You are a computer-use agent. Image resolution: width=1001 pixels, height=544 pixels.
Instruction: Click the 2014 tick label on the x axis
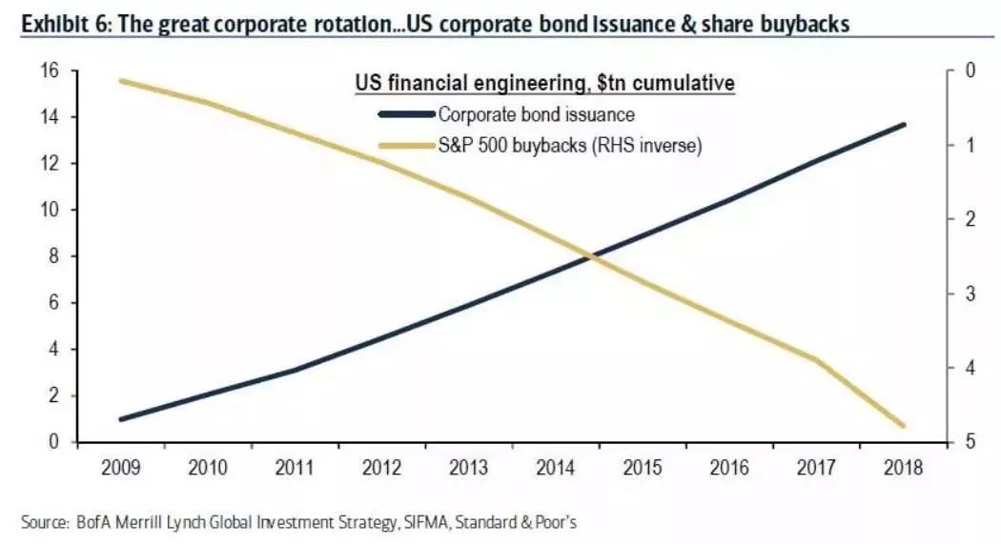tap(554, 470)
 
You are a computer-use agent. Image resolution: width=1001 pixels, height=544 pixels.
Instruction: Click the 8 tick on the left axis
tap(55, 256)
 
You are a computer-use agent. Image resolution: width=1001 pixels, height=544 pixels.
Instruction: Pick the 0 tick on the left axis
tap(55, 442)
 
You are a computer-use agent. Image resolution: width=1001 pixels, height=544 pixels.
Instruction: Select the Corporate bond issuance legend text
tap(536, 115)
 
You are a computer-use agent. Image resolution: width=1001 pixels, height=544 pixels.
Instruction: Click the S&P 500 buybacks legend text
tap(569, 146)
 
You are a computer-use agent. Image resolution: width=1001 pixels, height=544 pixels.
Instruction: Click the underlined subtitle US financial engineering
tap(544, 84)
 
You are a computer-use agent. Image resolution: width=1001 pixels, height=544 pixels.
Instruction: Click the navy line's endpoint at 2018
tap(903, 124)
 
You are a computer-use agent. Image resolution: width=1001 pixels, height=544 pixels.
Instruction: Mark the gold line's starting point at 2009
tap(121, 81)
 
